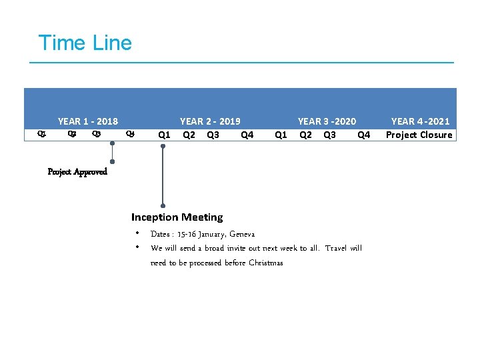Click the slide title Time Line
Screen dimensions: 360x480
pyautogui.click(x=85, y=43)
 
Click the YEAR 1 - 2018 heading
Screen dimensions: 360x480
pyautogui.click(x=88, y=121)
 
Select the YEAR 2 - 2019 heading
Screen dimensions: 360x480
pyautogui.click(x=210, y=121)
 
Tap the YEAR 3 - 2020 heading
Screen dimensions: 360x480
pyautogui.click(x=327, y=121)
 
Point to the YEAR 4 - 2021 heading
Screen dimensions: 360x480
pyautogui.click(x=420, y=121)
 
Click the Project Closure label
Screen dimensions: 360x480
pyautogui.click(x=419, y=135)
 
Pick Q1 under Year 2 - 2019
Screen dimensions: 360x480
pyautogui.click(x=163, y=135)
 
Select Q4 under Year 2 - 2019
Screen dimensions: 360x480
pyautogui.click(x=247, y=135)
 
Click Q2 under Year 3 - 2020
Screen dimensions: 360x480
pyautogui.click(x=305, y=135)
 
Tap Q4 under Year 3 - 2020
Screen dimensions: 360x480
pyautogui.click(x=364, y=135)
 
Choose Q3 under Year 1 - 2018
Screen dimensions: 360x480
pyautogui.click(x=97, y=134)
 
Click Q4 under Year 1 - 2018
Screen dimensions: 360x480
pyautogui.click(x=130, y=134)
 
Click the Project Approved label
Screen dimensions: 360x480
pyautogui.click(x=77, y=172)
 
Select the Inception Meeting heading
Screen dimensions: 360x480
pyautogui.click(x=177, y=217)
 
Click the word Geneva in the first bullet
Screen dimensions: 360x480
pyautogui.click(x=242, y=234)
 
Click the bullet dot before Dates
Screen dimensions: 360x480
pyautogui.click(x=136, y=233)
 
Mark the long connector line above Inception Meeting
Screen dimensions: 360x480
pyautogui.click(x=163, y=177)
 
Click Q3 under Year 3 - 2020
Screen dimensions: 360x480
pyautogui.click(x=329, y=135)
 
